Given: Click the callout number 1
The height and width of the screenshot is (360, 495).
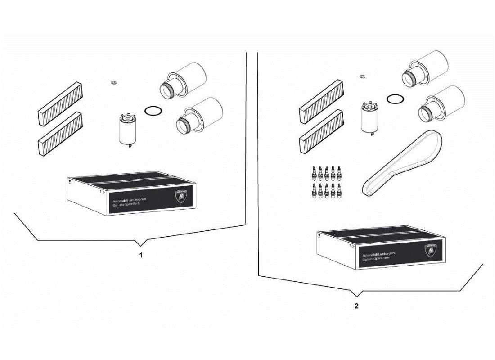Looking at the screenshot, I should (x=141, y=255).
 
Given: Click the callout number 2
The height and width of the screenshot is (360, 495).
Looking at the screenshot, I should (x=356, y=306).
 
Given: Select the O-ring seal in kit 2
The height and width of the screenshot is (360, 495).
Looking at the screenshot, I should (x=395, y=99).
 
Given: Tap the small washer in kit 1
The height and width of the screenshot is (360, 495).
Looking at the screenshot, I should (x=113, y=82).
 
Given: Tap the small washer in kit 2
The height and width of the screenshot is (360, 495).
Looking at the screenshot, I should (x=362, y=76).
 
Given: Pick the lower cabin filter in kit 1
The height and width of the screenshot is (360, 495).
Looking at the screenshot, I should (x=60, y=134).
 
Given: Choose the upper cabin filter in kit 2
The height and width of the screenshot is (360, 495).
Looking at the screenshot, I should (x=321, y=102).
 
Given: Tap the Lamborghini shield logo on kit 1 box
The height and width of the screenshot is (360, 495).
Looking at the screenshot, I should (x=181, y=197).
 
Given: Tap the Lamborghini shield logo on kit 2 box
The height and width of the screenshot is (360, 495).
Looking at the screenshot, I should (x=431, y=251).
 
